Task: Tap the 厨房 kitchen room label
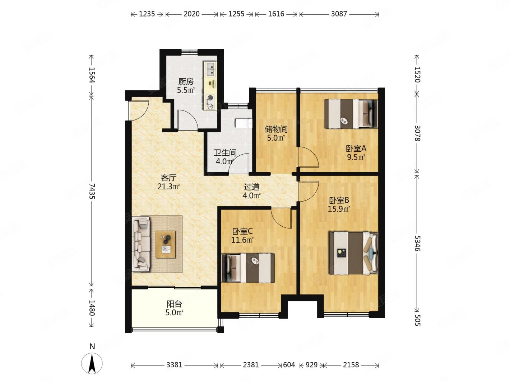pyautogui.click(x=186, y=81)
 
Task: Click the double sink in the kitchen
pyautogui.click(x=210, y=69)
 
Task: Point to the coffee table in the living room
pyautogui.click(x=166, y=245)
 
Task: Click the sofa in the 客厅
pyautogui.click(x=141, y=244)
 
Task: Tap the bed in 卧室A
pyautogui.click(x=351, y=114)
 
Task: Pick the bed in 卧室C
pyautogui.click(x=248, y=268)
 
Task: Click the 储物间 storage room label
pyautogui.click(x=276, y=129)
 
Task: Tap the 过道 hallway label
pyautogui.click(x=251, y=187)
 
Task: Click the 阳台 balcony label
pyautogui.click(x=174, y=304)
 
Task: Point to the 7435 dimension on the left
pyautogui.click(x=92, y=191)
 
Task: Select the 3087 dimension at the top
pyautogui.click(x=339, y=14)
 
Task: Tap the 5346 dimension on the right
pyautogui.click(x=417, y=243)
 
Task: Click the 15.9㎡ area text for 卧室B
pyautogui.click(x=339, y=209)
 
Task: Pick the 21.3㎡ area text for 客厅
pyautogui.click(x=168, y=186)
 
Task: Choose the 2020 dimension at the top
pyautogui.click(x=191, y=14)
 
